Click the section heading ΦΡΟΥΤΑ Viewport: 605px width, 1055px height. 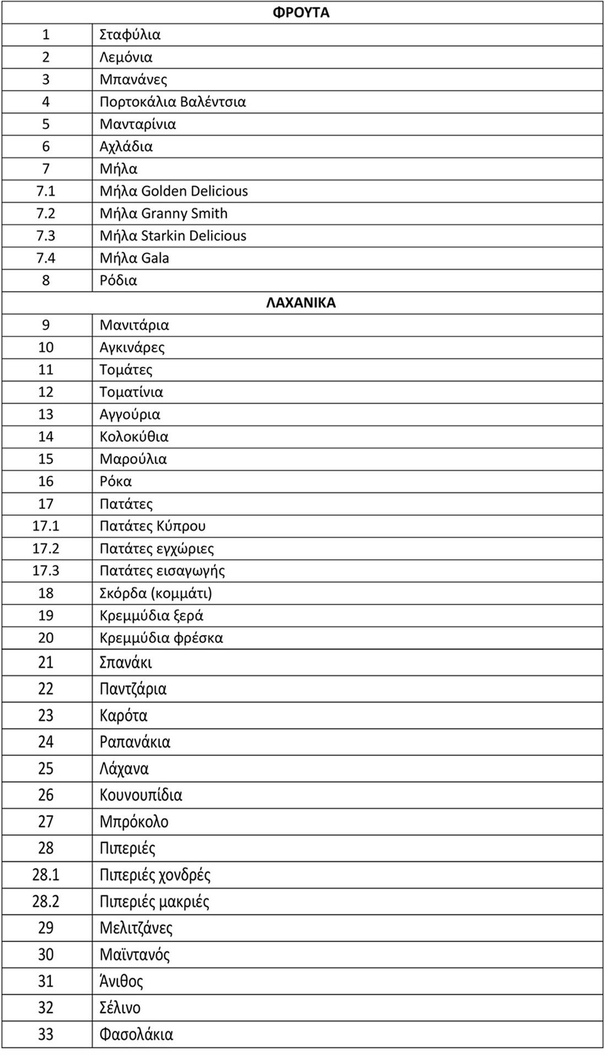301,12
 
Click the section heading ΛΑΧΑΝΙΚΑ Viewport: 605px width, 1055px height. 301,302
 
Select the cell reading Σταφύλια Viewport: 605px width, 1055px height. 130,35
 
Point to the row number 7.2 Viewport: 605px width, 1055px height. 46,213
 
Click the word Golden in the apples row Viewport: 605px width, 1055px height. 163,191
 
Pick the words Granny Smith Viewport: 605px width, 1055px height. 184,213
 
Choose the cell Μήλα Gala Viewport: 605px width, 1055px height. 134,258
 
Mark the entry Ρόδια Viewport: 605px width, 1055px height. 118,280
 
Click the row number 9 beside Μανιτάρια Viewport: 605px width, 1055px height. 46,325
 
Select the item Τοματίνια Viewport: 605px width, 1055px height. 131,392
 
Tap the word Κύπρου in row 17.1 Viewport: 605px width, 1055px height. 181,526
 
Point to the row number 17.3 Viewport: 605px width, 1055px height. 46,570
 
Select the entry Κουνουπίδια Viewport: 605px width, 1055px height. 141,795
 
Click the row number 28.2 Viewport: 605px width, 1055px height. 46,901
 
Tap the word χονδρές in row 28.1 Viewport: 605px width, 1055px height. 184,875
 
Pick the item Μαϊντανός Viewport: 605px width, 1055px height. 135,954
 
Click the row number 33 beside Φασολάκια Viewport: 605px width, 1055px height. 46,1034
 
